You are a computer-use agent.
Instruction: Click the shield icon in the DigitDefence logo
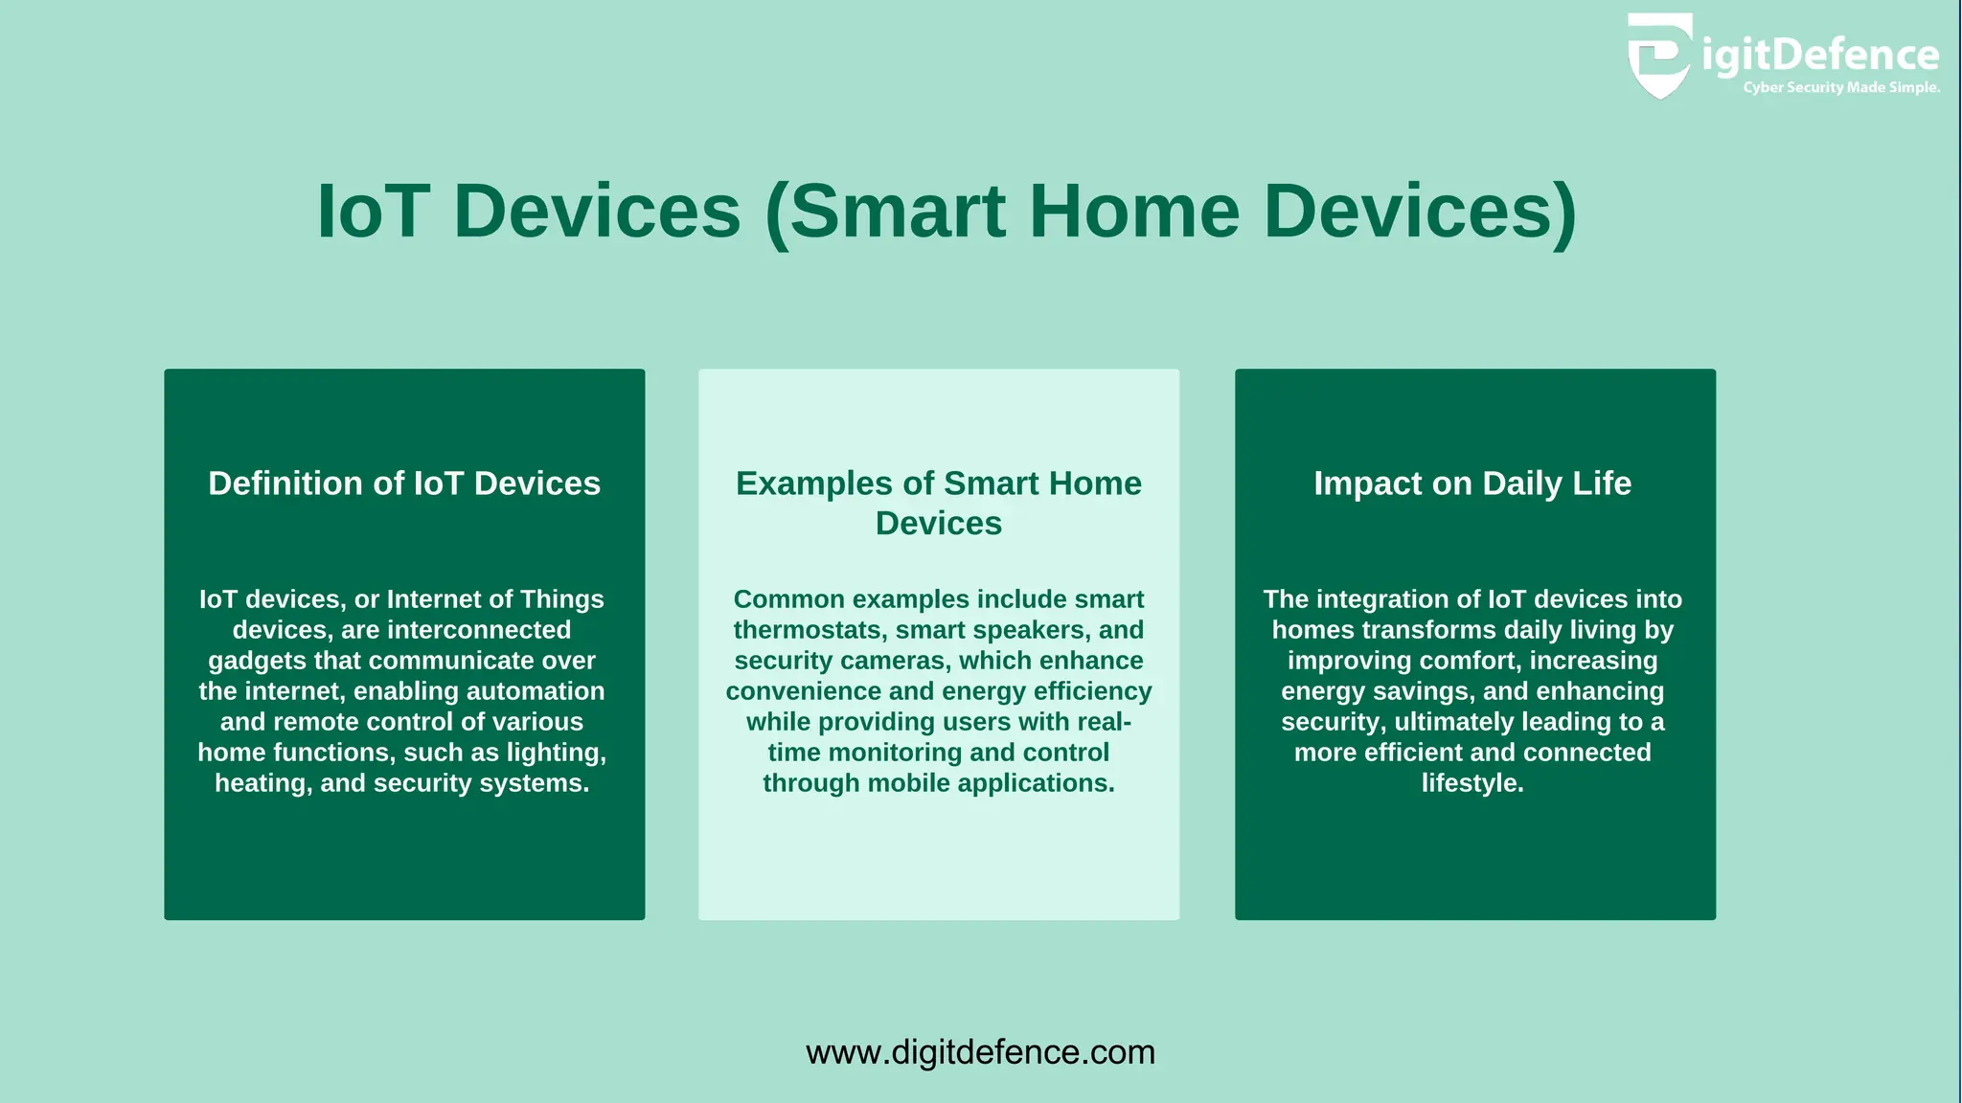pyautogui.click(x=1659, y=56)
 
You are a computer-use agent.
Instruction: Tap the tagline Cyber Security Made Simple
pyautogui.click(x=1840, y=88)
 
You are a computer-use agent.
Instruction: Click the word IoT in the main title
pyautogui.click(x=373, y=212)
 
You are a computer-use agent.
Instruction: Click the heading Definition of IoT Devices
pyautogui.click(x=404, y=484)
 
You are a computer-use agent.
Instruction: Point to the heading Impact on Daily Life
pyautogui.click(x=1472, y=484)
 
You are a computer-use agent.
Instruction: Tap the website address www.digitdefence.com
pyautogui.click(x=980, y=1052)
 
